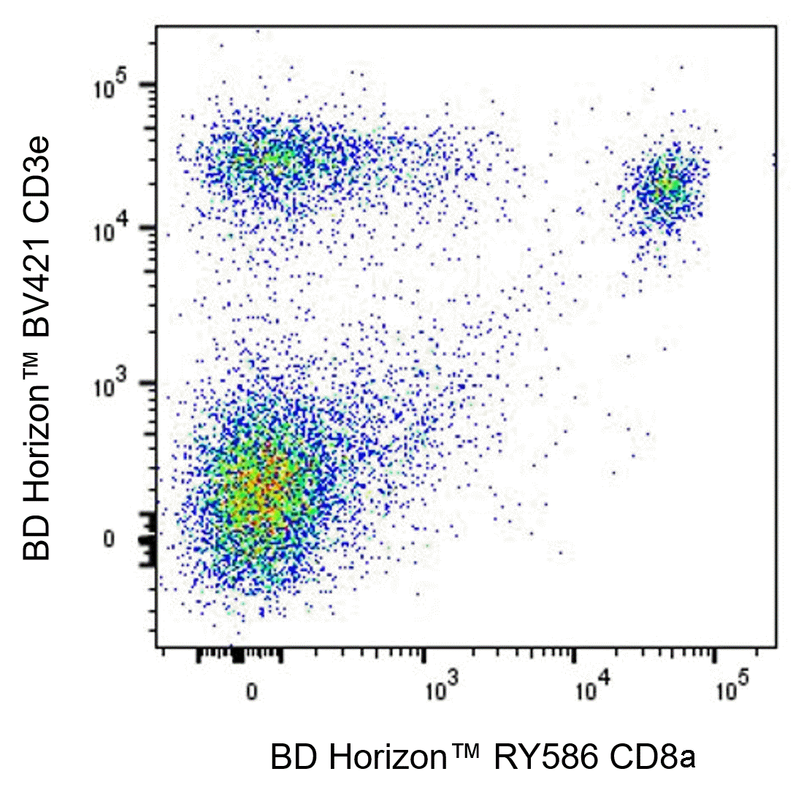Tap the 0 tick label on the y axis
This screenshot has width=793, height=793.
(x=109, y=539)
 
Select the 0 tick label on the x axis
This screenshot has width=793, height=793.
(x=251, y=691)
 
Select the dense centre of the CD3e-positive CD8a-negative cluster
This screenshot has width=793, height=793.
(x=270, y=157)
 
